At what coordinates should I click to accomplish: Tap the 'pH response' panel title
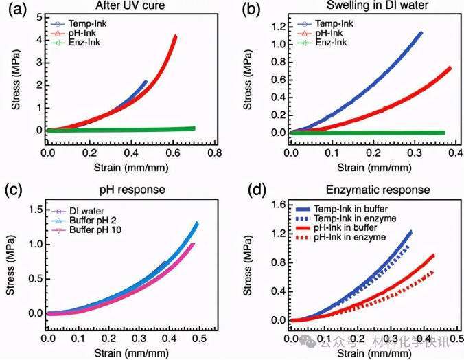point(129,189)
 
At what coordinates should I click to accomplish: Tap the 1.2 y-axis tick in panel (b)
point(277,26)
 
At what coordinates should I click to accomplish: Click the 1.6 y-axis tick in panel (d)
point(277,204)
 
